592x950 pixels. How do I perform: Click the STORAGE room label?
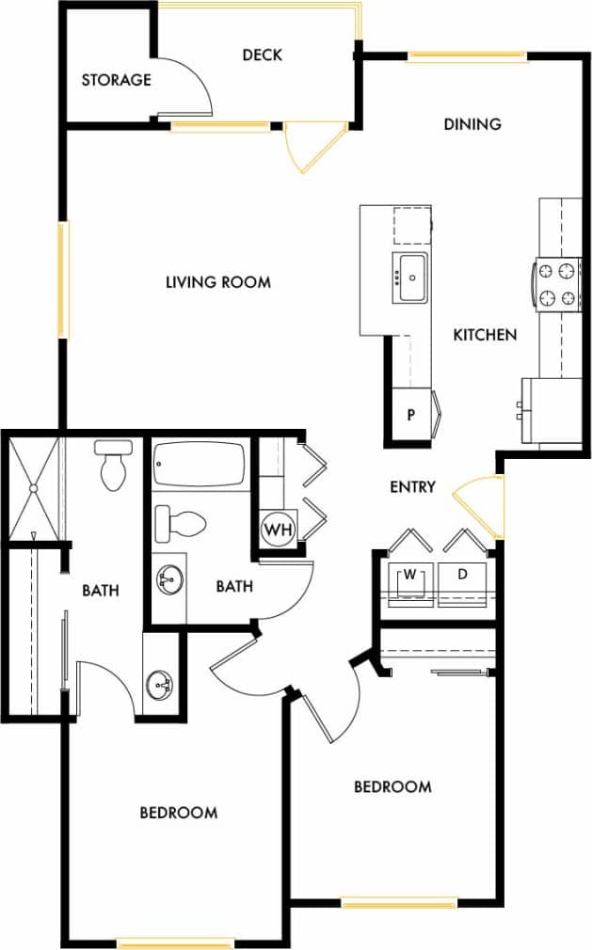tap(116, 80)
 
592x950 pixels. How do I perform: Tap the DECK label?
tap(262, 55)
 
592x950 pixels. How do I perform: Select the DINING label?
tap(472, 124)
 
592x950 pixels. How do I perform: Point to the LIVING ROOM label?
tap(218, 282)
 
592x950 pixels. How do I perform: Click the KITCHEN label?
tap(485, 335)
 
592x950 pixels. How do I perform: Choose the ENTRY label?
tap(412, 487)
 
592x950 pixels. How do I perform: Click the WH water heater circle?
tap(278, 530)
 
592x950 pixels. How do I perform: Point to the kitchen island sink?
tap(411, 278)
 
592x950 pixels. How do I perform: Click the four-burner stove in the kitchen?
tap(556, 285)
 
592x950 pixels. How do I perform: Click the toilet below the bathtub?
tap(180, 523)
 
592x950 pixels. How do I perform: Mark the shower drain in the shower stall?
tap(33, 488)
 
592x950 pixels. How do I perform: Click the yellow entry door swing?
tap(480, 494)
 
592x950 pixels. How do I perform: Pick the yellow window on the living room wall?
tap(63, 279)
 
